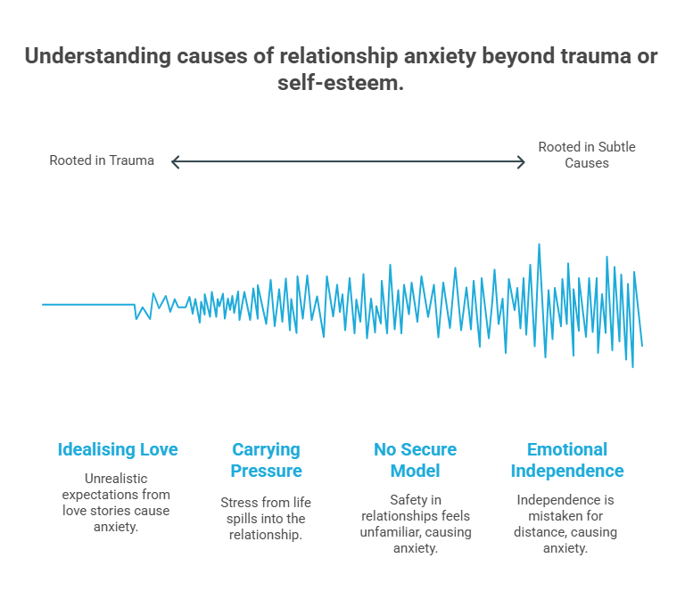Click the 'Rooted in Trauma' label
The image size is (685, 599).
click(x=102, y=161)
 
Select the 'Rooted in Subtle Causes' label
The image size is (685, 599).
click(x=586, y=155)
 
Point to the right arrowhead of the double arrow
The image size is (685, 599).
click(x=522, y=161)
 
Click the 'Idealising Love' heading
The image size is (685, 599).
click(x=118, y=449)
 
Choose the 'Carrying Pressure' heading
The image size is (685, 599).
click(x=266, y=460)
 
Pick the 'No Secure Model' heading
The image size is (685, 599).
click(x=415, y=460)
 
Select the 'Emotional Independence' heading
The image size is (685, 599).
click(x=566, y=460)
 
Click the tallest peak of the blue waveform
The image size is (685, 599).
click(x=539, y=245)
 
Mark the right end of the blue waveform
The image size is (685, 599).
click(x=641, y=345)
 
